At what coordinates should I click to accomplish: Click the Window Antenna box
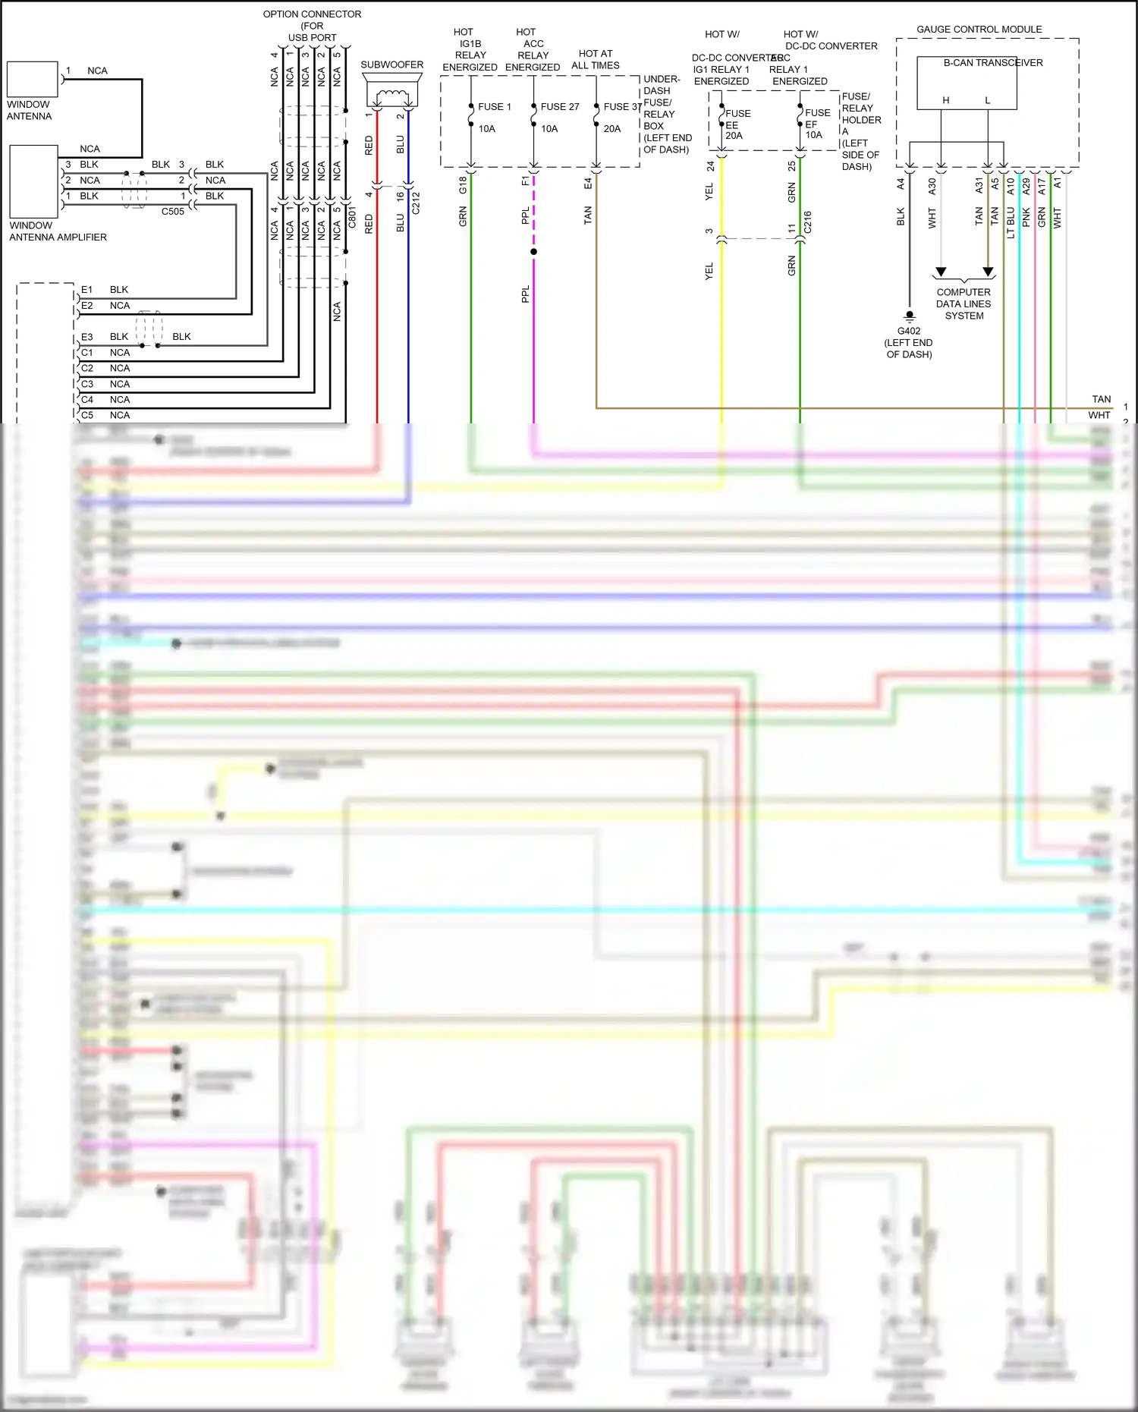coord(32,79)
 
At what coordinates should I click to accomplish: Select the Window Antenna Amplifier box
coord(33,181)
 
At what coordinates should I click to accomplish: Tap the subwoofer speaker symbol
coord(392,95)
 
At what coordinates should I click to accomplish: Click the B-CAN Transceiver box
coord(967,82)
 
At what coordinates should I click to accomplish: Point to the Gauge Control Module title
coord(979,30)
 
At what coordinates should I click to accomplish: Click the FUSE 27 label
coord(559,107)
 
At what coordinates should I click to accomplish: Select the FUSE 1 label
coord(494,107)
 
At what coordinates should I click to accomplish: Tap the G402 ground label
coord(908,331)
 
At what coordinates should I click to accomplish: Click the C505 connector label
coord(172,212)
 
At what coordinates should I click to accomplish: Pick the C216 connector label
coord(808,222)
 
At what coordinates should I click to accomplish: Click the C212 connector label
coord(416,203)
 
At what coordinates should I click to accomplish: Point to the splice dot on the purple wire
coord(533,251)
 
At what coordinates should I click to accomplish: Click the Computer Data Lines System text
coord(964,303)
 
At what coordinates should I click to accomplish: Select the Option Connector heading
coord(312,14)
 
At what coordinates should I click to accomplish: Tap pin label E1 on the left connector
coord(86,290)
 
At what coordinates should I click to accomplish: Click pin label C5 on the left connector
coord(86,415)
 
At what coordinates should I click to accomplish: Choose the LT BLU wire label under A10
coord(1011,223)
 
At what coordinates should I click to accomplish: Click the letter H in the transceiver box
coord(945,100)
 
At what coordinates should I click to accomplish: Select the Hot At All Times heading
coord(595,59)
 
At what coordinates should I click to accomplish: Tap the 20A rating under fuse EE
coord(734,136)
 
